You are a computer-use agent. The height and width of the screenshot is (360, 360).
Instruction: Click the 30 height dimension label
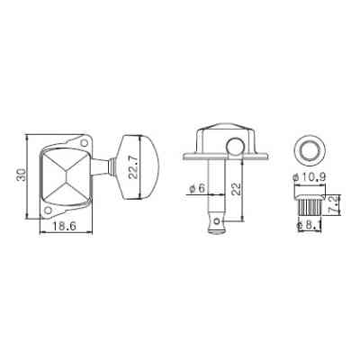tap(21, 178)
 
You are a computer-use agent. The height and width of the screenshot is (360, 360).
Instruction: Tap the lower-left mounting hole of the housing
tap(50, 213)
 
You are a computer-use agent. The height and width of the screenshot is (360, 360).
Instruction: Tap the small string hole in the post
tap(216, 219)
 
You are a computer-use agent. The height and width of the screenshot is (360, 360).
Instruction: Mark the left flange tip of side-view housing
tap(185, 157)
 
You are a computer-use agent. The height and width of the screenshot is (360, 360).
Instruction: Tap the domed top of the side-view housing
tap(216, 132)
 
